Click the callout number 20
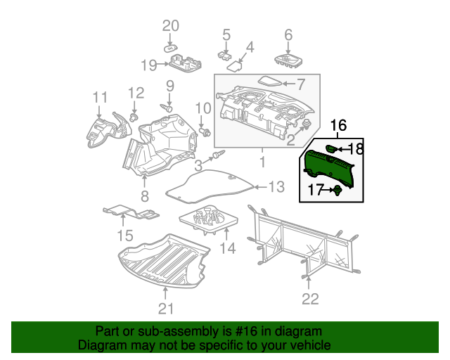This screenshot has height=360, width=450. pos(171,26)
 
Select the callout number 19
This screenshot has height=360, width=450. pos(148,65)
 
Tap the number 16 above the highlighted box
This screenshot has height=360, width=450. pos(338,125)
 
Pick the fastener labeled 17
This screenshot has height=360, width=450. pos(338,190)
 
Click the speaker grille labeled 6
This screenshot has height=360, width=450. pos(289,60)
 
